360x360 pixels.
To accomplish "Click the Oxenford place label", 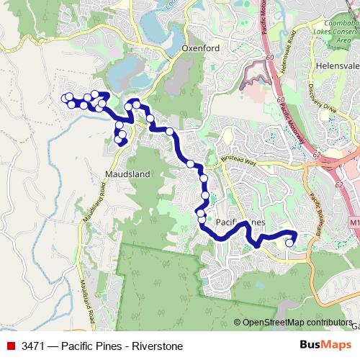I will click(x=200, y=49).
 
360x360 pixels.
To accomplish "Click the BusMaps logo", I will click(x=326, y=346).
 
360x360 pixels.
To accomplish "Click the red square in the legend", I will click(x=11, y=346).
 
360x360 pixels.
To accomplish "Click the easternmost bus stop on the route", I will click(x=289, y=243).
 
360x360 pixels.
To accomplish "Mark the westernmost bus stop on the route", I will click(x=65, y=99).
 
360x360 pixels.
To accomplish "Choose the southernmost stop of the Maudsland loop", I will click(x=119, y=140).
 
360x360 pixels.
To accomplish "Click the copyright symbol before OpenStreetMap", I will click(x=238, y=323).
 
